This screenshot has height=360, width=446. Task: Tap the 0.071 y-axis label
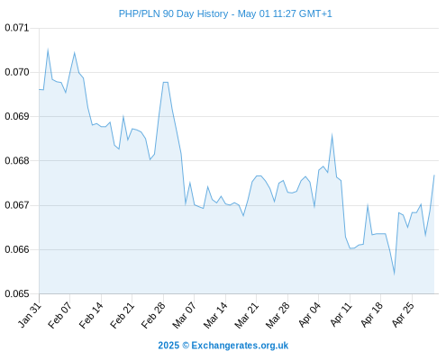point(17,28)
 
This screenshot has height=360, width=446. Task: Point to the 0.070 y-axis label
point(17,72)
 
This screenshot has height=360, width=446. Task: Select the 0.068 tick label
point(17,161)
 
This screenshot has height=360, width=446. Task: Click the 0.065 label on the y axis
point(17,293)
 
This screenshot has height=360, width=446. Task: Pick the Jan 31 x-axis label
point(30,315)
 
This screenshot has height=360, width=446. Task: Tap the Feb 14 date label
point(91,315)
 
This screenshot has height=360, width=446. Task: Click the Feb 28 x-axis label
point(153,315)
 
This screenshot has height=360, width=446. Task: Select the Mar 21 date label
point(246,315)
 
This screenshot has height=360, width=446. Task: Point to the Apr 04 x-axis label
point(309,315)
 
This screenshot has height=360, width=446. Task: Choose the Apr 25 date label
point(403,315)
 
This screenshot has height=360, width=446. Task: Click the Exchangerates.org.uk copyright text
point(223,346)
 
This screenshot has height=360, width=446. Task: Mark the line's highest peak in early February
point(48,49)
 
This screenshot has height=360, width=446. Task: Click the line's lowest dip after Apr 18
point(394,274)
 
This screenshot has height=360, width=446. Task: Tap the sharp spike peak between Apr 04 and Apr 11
point(332,135)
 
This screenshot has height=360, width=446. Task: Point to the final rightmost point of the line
point(434,175)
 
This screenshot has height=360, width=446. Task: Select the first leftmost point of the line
point(40,89)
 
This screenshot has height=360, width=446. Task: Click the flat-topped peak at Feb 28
point(166,82)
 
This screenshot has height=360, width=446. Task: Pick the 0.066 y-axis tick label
point(17,249)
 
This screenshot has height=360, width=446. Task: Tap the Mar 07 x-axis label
point(184,315)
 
